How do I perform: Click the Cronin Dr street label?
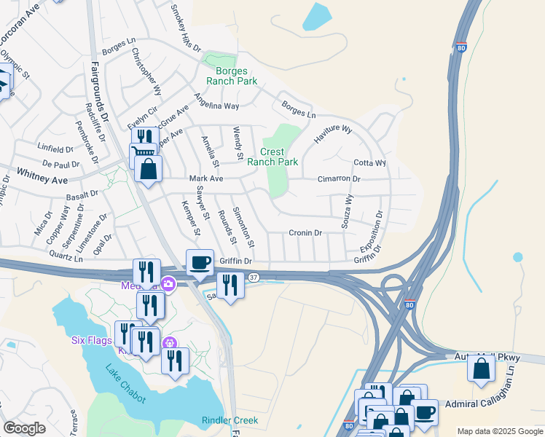tap(305, 233)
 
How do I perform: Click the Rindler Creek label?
tap(229, 420)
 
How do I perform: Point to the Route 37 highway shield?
tap(253, 277)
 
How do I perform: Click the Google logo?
tap(24, 428)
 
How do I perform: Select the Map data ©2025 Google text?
tap(499, 431)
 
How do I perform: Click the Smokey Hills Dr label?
tap(185, 28)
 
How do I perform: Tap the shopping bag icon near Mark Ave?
tap(149, 170)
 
